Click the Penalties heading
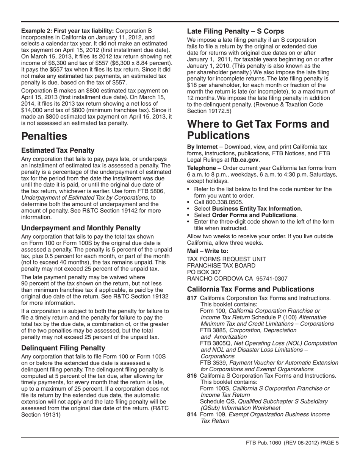(x=44, y=136)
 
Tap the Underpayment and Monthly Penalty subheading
(x=81, y=228)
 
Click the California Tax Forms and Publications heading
(x=250, y=289)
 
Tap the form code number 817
(x=192, y=298)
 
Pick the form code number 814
(x=192, y=414)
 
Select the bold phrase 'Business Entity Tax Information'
(x=257, y=208)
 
